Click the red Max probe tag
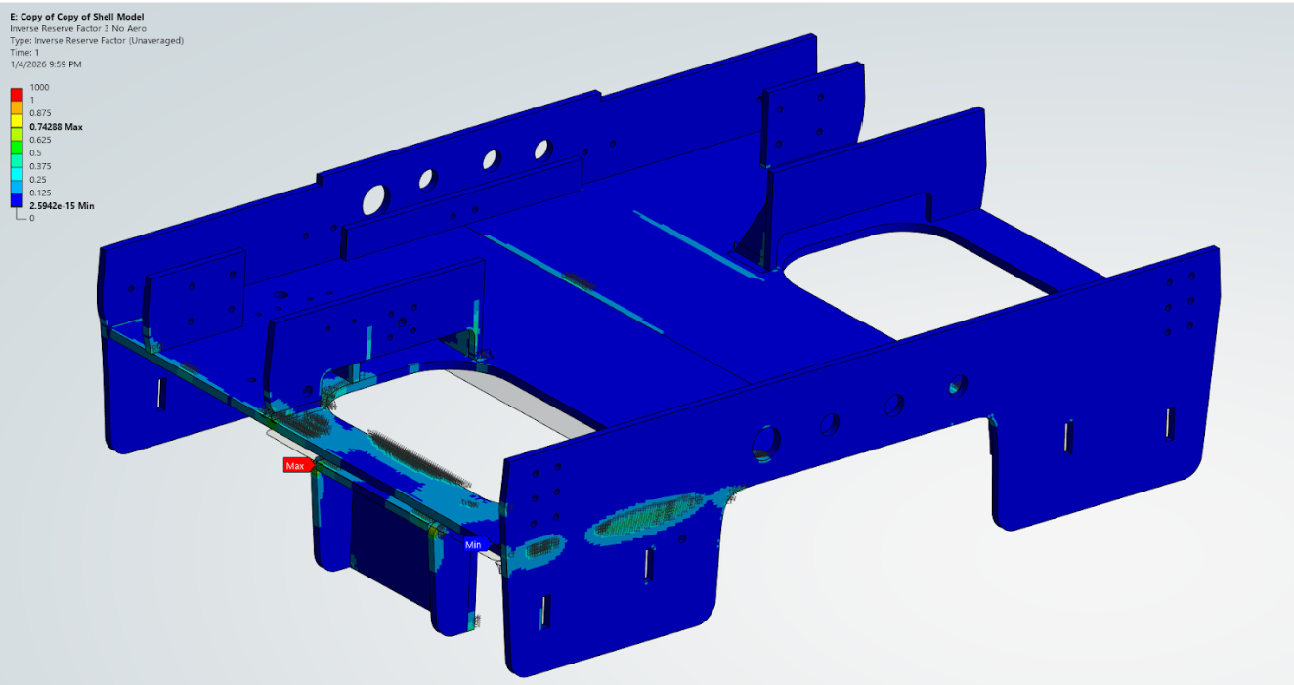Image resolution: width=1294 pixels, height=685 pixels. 294,466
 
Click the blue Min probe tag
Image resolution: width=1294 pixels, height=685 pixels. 473,544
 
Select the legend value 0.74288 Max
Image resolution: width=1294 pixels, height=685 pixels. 55,127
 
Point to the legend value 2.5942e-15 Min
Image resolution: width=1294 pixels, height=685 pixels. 61,206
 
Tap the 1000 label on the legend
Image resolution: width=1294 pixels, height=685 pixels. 39,87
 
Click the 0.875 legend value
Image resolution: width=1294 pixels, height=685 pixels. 40,113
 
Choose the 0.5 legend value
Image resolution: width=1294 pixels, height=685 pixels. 35,153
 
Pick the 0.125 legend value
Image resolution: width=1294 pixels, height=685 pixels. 40,193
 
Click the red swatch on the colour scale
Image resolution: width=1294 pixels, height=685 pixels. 17,94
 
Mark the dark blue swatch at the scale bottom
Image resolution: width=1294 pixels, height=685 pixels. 17,200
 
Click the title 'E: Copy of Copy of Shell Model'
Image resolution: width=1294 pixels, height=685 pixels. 78,18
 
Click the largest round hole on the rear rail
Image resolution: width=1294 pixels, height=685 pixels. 374,198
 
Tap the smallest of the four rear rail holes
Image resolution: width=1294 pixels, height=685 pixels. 542,150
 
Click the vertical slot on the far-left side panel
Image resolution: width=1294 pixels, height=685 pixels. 161,393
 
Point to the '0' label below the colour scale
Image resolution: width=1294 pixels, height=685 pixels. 32,218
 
